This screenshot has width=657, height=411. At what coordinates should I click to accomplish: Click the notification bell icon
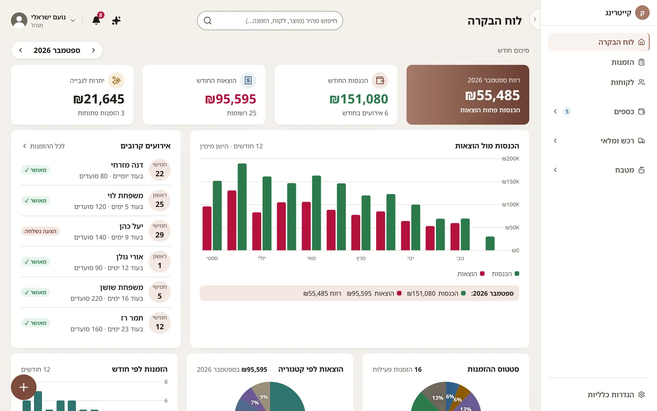(x=96, y=20)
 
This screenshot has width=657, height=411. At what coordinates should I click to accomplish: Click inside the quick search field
(x=270, y=21)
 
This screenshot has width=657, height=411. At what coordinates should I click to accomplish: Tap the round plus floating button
(x=24, y=387)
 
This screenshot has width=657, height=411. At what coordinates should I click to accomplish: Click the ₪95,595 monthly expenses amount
(x=230, y=99)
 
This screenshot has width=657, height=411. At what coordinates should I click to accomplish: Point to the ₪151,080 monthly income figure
(x=359, y=99)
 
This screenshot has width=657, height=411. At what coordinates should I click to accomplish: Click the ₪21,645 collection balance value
(x=99, y=99)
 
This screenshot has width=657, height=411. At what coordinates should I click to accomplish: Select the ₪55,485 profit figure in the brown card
(x=492, y=95)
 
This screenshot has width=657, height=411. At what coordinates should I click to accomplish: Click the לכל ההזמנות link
(x=44, y=146)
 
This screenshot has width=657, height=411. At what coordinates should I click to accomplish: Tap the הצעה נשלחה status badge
(x=41, y=231)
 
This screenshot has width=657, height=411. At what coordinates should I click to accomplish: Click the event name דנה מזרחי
(x=127, y=165)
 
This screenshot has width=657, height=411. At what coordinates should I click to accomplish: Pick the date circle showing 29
(x=160, y=231)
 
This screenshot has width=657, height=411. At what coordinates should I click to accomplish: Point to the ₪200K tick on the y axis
(x=511, y=159)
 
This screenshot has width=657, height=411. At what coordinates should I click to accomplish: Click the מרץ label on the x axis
(x=361, y=258)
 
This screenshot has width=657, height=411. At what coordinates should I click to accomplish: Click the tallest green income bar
(x=242, y=207)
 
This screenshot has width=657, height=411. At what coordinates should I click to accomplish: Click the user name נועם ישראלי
(x=48, y=17)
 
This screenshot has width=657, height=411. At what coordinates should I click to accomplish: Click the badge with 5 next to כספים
(x=567, y=111)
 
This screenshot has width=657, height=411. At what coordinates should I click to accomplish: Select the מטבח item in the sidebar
(x=625, y=170)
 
